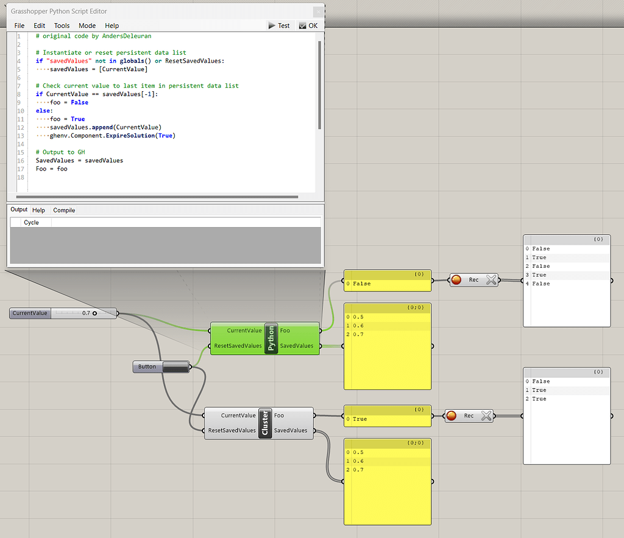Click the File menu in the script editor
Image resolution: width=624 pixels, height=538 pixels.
[x=19, y=26]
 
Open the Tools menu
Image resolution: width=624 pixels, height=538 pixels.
[x=62, y=26]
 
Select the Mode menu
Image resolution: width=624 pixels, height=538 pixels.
[x=87, y=26]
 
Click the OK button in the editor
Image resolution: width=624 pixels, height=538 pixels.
[x=308, y=26]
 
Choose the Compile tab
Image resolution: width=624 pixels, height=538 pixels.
[x=64, y=210]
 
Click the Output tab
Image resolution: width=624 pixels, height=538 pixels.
[x=19, y=209]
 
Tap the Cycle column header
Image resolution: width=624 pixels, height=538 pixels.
[x=31, y=222]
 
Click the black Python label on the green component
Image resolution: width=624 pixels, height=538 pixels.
[x=272, y=338]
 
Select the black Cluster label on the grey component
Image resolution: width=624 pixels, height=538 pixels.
[x=265, y=423]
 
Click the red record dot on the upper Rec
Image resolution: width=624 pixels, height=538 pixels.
[x=456, y=280]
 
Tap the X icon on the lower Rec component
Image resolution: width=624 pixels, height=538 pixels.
[x=486, y=416]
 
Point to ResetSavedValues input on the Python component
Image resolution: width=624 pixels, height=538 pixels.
[x=238, y=346]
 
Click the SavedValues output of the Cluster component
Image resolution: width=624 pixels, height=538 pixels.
[x=291, y=430]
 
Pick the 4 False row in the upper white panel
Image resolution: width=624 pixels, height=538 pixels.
[x=541, y=284]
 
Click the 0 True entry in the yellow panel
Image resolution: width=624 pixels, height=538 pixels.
[x=360, y=419]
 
